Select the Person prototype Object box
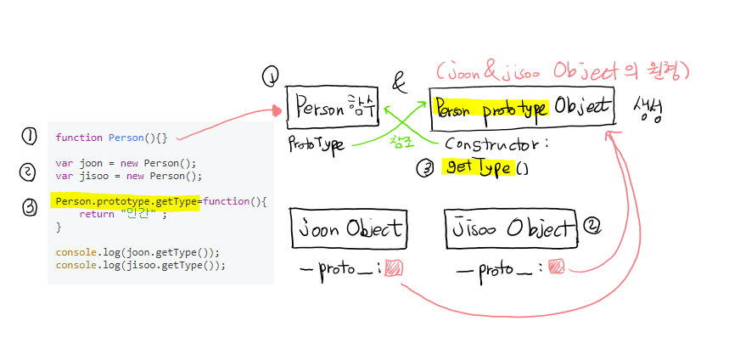520,108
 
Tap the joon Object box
348,228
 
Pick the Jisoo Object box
512,229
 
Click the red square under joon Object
394,268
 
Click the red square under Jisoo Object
556,267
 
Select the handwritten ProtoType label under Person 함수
316,145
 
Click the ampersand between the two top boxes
399,82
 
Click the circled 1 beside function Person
30,136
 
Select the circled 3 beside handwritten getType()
425,168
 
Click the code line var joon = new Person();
126,164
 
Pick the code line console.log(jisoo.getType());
140,265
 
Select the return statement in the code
122,215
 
